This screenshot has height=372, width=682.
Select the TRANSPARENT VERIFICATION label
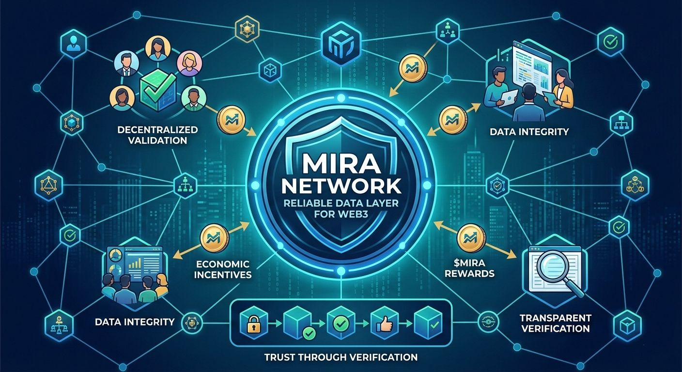point(555,323)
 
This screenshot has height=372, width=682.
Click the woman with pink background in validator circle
point(186,63)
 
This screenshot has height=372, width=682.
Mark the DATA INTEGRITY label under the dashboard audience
point(135,321)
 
